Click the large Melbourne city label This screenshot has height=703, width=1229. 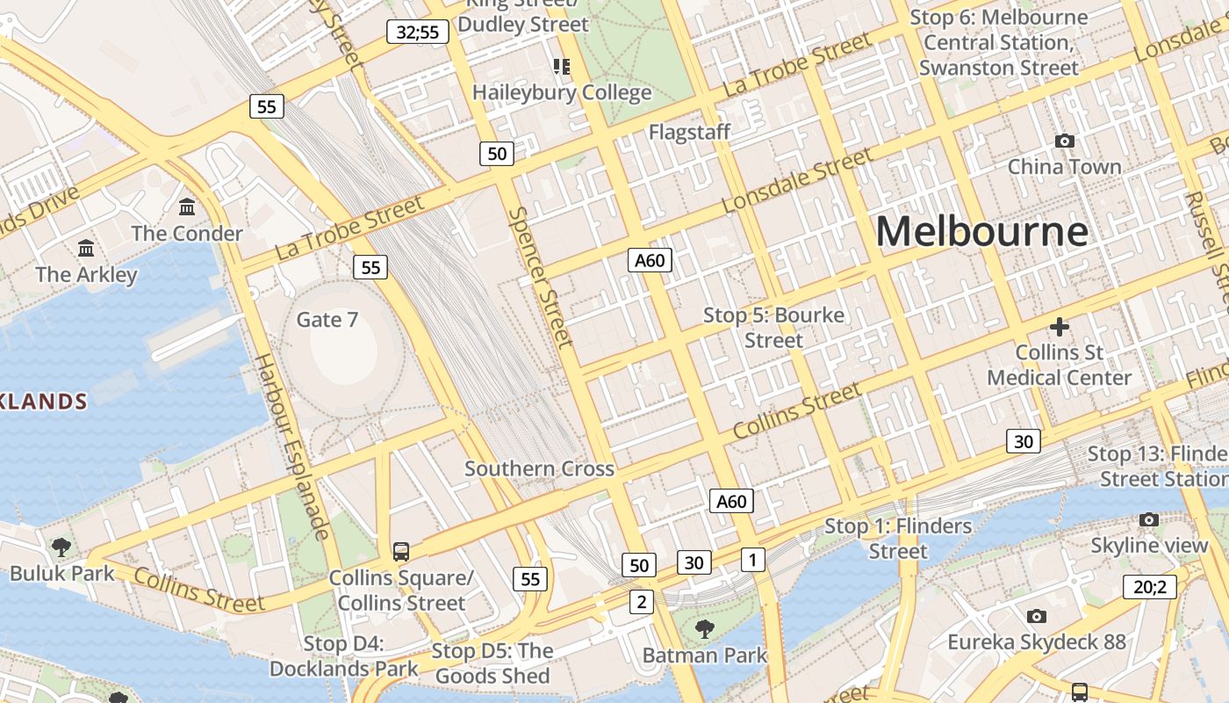coord(981,232)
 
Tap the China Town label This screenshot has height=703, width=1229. coord(1064,166)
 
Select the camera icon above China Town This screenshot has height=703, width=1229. coord(1064,141)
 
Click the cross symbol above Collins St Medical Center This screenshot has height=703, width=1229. coord(1060,327)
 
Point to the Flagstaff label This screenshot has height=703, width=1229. coord(689,132)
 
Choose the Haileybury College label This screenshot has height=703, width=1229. coord(562,92)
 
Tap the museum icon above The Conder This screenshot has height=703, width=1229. coord(187,207)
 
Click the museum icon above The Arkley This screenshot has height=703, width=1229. coord(86,249)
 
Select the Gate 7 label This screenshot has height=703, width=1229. coord(327,319)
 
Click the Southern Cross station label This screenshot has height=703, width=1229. coord(539,468)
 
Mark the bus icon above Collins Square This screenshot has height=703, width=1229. coord(400,552)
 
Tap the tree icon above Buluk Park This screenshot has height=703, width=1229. coord(61,547)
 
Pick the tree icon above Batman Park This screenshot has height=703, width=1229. coord(704,628)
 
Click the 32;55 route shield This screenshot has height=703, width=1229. coord(418,33)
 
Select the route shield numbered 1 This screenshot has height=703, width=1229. coord(752,559)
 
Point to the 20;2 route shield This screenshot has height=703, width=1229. coord(1149,587)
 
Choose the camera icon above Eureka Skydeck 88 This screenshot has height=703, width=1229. coord(1036,616)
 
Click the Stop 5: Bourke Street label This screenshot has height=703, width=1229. coord(773,327)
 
